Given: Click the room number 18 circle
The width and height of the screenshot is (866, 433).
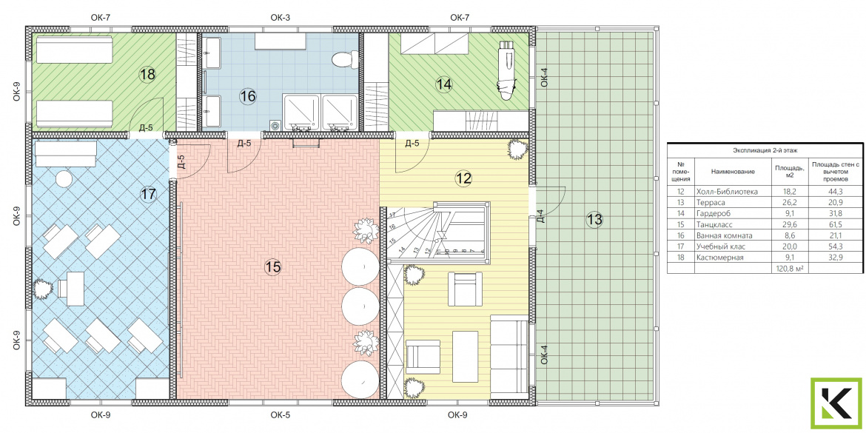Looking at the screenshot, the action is [x=147, y=74].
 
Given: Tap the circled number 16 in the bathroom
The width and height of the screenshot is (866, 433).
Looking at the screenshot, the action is [x=248, y=96].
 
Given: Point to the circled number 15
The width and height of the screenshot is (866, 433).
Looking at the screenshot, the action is [x=273, y=267].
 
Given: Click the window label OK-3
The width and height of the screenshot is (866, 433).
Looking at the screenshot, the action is [x=281, y=18].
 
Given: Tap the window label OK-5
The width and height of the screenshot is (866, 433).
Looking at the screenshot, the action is [x=281, y=414].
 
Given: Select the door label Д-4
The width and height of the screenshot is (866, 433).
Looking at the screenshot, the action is [x=542, y=214].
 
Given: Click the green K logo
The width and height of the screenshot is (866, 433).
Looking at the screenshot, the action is [x=836, y=403].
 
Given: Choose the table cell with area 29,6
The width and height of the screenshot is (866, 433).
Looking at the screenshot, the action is [x=782, y=224].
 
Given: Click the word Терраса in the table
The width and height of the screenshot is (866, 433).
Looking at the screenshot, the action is [x=710, y=203].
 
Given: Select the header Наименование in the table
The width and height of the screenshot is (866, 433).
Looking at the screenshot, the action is [x=733, y=172].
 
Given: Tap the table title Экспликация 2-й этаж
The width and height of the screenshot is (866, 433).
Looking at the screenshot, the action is [x=765, y=150].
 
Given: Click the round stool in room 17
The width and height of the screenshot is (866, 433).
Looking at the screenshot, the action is [x=65, y=178].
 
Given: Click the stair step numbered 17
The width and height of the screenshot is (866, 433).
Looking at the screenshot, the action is [x=393, y=215].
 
